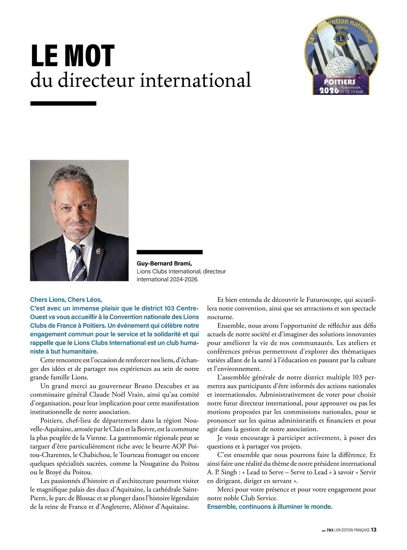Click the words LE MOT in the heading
pos(73,56)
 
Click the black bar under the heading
pos(63,103)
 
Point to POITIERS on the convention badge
pos(335,82)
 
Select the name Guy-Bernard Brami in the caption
pos(164,263)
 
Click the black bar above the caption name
pos(170,252)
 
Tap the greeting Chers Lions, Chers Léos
pos(66,299)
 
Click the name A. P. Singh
pos(222,472)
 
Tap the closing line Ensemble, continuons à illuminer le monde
pos(270,507)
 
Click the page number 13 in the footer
pos(373,530)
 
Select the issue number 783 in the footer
pos(330,530)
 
